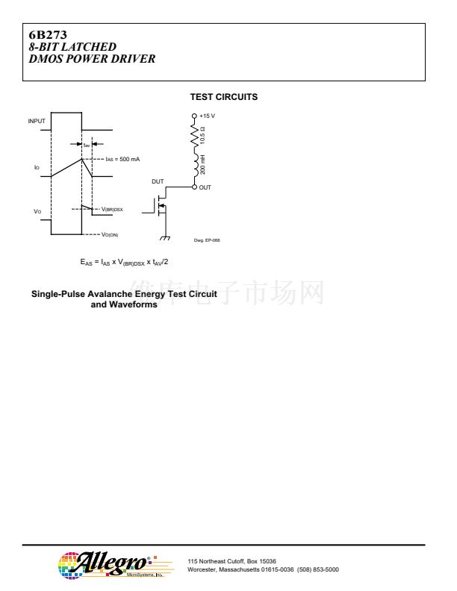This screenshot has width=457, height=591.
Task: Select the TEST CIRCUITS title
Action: (224, 97)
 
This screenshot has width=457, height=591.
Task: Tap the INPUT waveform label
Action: (37, 121)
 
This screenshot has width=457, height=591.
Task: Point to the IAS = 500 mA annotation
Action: (122, 159)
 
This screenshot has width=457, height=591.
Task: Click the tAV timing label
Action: (87, 145)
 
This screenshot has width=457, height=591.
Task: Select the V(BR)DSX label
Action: (112, 210)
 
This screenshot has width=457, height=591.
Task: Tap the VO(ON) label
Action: (115, 235)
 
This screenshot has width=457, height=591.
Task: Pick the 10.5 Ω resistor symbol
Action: (195, 136)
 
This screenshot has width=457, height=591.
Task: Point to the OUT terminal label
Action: (205, 187)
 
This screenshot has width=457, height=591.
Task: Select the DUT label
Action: (157, 181)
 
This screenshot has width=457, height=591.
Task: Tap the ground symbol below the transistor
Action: (165, 238)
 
